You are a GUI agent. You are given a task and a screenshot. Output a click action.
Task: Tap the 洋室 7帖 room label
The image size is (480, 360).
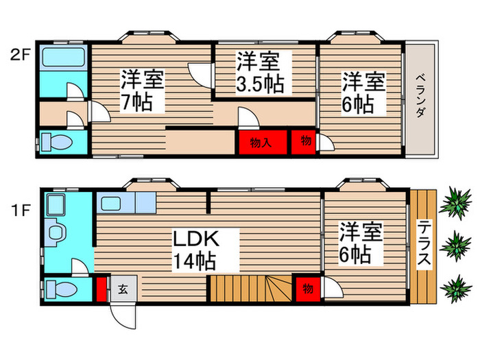tap(143, 91)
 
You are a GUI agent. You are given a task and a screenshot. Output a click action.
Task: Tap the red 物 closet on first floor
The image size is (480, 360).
tap(307, 289)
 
